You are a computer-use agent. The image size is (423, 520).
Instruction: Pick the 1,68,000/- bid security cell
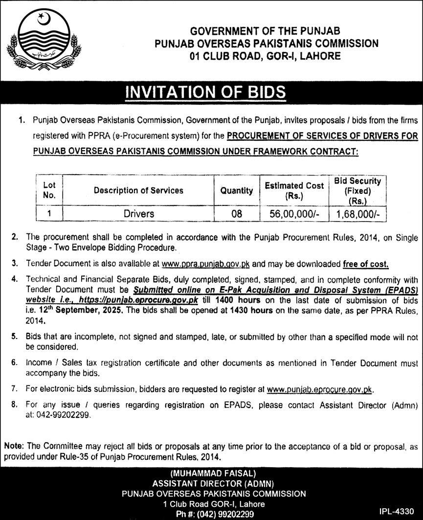point(357,214)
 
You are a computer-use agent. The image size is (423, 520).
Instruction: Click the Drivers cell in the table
point(139,214)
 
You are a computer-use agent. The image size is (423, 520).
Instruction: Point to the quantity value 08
point(236,214)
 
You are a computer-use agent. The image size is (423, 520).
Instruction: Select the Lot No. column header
point(49,190)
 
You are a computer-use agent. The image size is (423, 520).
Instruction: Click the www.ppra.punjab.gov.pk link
point(206,264)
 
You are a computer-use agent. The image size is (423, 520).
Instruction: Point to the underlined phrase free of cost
point(366,264)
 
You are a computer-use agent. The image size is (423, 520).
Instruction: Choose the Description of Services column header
point(139,190)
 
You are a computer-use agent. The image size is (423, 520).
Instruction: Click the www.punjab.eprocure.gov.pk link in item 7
point(320,390)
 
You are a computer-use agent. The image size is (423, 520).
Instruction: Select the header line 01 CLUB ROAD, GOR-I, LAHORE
point(266,56)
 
